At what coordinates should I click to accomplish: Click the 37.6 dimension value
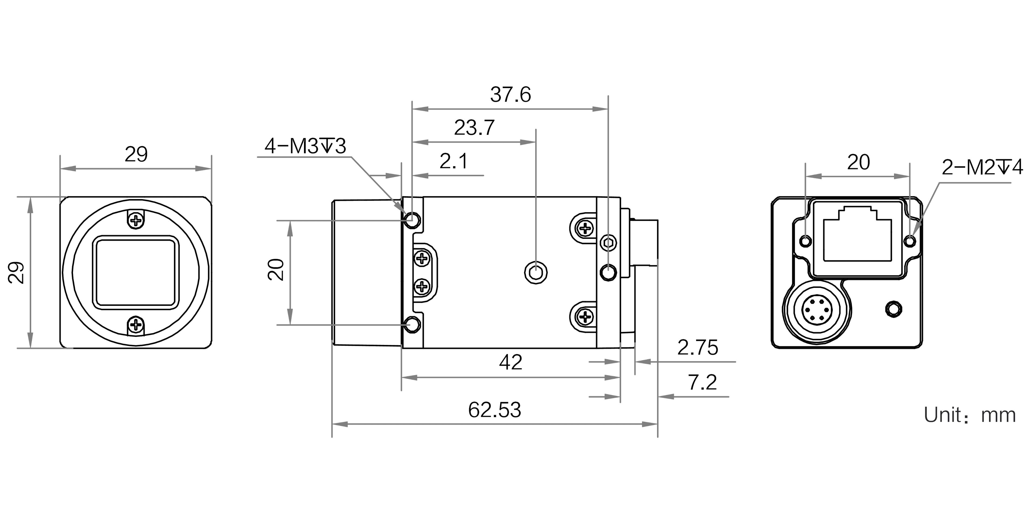(x=510, y=95)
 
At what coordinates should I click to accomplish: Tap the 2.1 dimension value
(x=453, y=161)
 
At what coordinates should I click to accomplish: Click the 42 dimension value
(x=511, y=362)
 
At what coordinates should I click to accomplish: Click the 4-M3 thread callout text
(x=305, y=146)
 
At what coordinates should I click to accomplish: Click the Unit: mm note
(x=970, y=415)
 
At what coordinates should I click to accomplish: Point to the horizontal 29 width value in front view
(x=136, y=154)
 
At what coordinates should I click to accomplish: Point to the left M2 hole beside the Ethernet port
(x=806, y=242)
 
